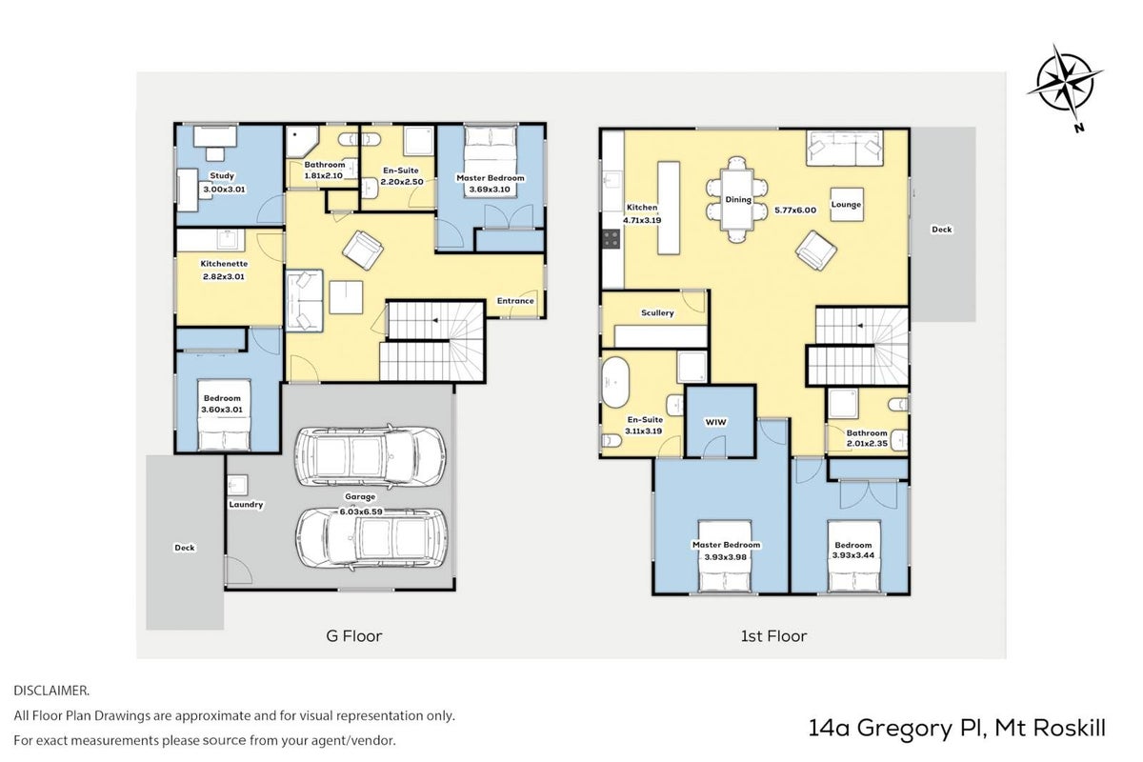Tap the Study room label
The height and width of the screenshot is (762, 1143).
(x=222, y=175)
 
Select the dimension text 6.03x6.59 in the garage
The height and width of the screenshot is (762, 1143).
(x=361, y=511)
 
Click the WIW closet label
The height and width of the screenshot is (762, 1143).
(x=715, y=422)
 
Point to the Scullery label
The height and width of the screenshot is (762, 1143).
(x=657, y=312)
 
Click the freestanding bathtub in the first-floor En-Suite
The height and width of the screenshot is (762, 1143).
(x=616, y=383)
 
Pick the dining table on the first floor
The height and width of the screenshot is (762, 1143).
(x=737, y=200)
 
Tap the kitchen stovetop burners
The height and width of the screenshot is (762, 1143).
(x=612, y=239)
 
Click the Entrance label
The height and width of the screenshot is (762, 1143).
(x=515, y=301)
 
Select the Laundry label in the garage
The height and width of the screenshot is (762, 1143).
(x=246, y=504)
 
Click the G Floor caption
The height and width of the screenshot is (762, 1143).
(x=354, y=636)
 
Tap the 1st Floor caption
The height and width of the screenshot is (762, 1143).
(x=773, y=636)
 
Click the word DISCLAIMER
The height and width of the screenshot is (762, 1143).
(x=51, y=691)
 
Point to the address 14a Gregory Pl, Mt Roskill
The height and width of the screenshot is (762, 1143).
(x=956, y=729)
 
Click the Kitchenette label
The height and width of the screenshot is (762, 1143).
(x=224, y=264)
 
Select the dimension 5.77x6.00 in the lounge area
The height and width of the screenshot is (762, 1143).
(x=795, y=210)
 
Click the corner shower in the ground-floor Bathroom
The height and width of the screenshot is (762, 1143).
(x=302, y=141)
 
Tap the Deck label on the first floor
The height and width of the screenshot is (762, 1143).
(x=942, y=230)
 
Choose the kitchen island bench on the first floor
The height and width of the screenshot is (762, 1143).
(x=669, y=208)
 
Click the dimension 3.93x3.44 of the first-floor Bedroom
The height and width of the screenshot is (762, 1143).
(x=853, y=555)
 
